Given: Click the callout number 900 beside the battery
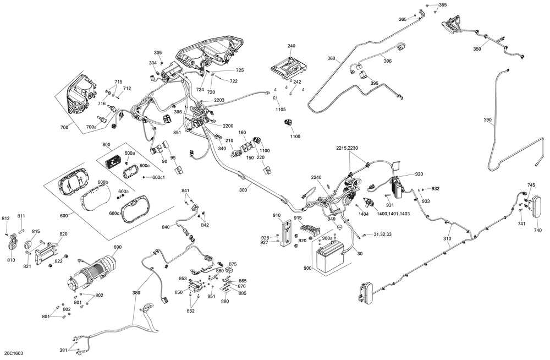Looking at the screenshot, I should pyautogui.click(x=306, y=268).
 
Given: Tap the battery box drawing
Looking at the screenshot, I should pyautogui.click(x=329, y=256).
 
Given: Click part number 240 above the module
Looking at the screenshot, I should pyautogui.click(x=291, y=46).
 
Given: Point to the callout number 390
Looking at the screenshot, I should pyautogui.click(x=487, y=119).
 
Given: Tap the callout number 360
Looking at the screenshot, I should pyautogui.click(x=331, y=58).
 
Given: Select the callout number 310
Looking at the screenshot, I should pyautogui.click(x=447, y=238).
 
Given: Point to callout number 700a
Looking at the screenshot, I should pyautogui.click(x=91, y=127).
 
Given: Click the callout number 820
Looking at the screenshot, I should pyautogui.click(x=63, y=234).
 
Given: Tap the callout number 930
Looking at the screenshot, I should pyautogui.click(x=419, y=174).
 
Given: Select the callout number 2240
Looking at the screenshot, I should pyautogui.click(x=316, y=177).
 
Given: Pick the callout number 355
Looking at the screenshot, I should pyautogui.click(x=443, y=5).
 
